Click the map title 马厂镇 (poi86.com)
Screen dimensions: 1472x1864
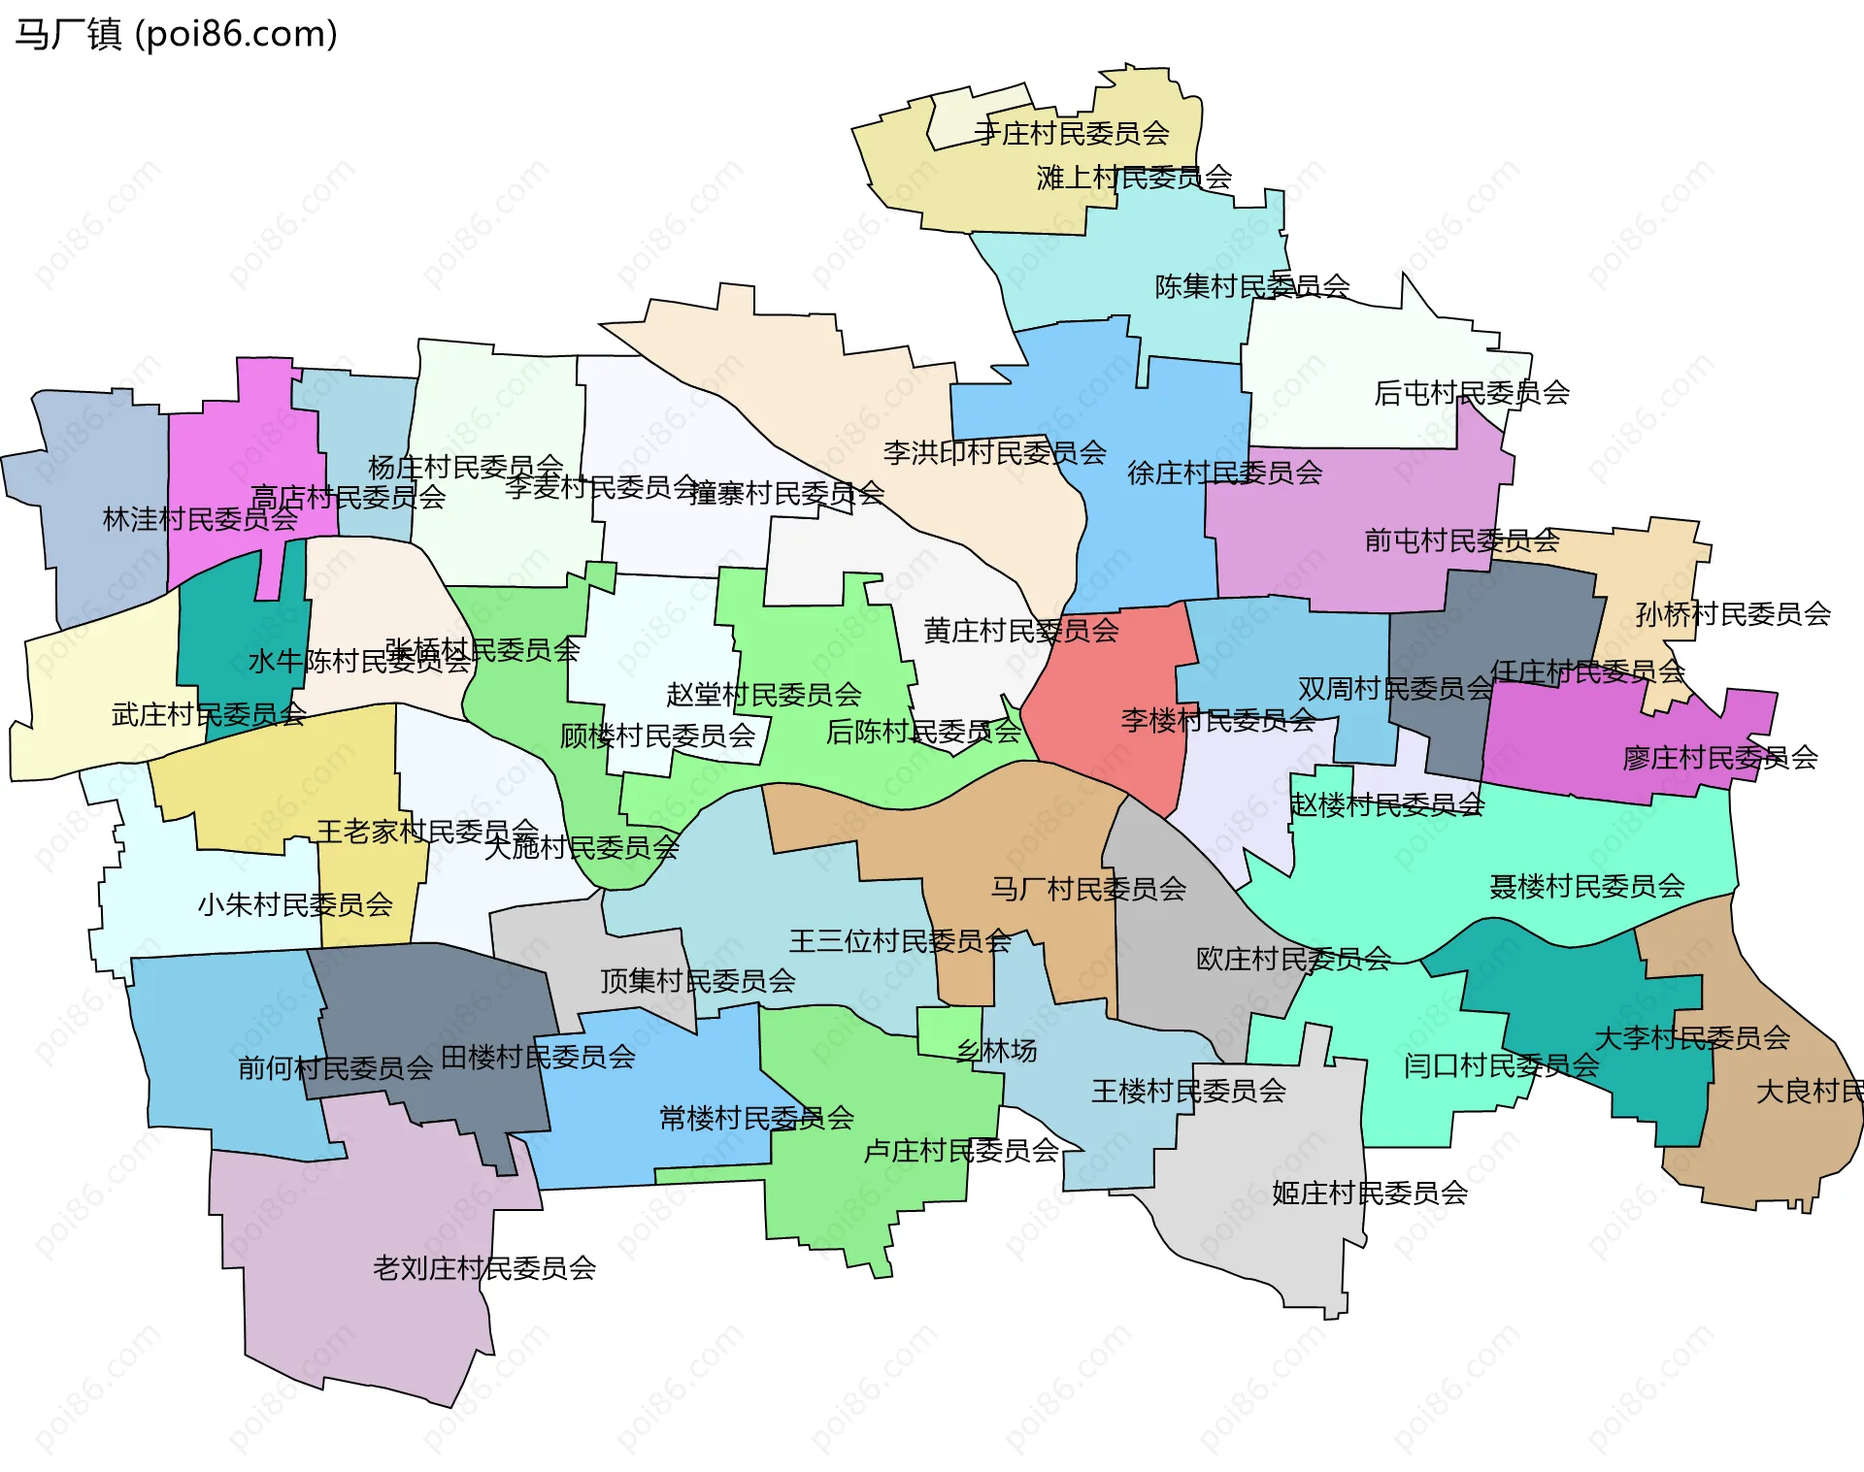pyautogui.click(x=176, y=35)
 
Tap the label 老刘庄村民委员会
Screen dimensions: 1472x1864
pyautogui.click(x=484, y=1268)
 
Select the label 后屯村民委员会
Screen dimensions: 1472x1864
pyautogui.click(x=1472, y=393)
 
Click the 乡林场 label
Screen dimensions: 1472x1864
pyautogui.click(x=997, y=1051)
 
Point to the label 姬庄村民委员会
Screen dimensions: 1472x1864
pyautogui.click(x=1370, y=1194)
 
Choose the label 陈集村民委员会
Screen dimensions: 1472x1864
pyautogui.click(x=1252, y=286)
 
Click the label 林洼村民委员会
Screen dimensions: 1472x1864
pyautogui.click(x=200, y=519)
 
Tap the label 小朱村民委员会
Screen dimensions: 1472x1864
pyautogui.click(x=295, y=905)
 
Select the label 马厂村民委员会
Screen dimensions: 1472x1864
pyautogui.click(x=1088, y=889)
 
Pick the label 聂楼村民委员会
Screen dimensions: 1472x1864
pyautogui.click(x=1587, y=886)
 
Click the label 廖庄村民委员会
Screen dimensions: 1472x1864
pyautogui.click(x=1720, y=758)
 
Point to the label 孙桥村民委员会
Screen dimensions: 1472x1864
pyautogui.click(x=1733, y=614)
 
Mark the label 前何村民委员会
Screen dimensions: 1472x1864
pyautogui.click(x=336, y=1068)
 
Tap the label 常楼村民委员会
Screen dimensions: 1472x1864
pyautogui.click(x=756, y=1119)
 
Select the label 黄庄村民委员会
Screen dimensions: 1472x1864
pyautogui.click(x=1021, y=632)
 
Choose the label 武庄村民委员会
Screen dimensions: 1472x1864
pyautogui.click(x=209, y=715)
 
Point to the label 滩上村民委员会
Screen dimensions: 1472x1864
pyautogui.click(x=1134, y=178)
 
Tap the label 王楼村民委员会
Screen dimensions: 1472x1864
pyautogui.click(x=1189, y=1092)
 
